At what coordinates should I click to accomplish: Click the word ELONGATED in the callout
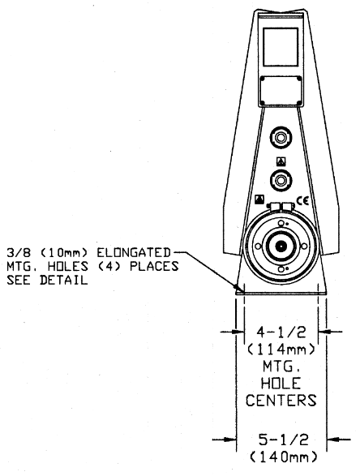tap(134, 252)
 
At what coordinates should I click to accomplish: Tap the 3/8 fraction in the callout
tap(19, 252)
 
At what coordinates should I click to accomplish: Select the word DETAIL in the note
tap(64, 280)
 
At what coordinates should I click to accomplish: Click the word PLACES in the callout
tap(154, 266)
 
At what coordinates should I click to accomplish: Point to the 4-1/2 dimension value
tap(281, 332)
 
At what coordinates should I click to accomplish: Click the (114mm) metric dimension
tap(281, 349)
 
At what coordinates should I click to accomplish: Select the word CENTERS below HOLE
tap(281, 401)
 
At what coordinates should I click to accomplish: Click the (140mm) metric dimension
tap(284, 457)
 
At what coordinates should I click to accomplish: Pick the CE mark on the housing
tap(302, 201)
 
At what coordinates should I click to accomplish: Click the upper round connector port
tap(281, 139)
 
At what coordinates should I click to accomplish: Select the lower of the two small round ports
tap(281, 180)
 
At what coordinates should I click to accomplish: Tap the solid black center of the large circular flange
tap(281, 246)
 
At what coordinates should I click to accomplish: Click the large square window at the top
tap(281, 47)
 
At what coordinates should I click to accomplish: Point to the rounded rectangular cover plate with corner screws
tap(281, 91)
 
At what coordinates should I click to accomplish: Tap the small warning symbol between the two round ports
tap(281, 161)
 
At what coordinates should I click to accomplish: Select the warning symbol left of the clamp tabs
tap(259, 199)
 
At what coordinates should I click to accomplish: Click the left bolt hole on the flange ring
tap(258, 247)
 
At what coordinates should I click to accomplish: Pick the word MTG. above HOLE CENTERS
tap(281, 367)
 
